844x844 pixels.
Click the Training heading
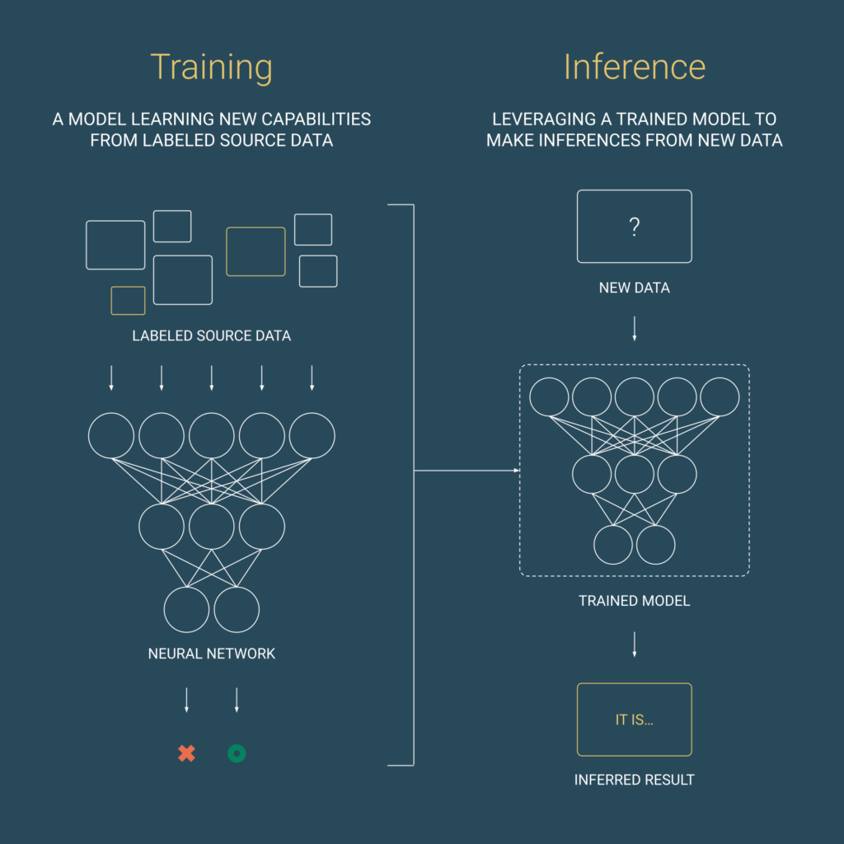click(x=211, y=68)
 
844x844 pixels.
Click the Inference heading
click(x=635, y=67)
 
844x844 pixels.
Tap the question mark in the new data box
click(x=635, y=227)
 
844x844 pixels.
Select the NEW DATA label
click(x=635, y=288)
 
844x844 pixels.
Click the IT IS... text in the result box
click(x=634, y=720)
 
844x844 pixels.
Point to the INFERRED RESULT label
click(x=635, y=780)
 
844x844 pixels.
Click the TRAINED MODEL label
click(x=635, y=601)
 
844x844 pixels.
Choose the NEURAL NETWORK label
click(x=212, y=654)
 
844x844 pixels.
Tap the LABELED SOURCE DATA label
click(x=212, y=336)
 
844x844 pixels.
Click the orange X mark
click(x=187, y=753)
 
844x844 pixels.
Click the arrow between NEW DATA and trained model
click(x=635, y=328)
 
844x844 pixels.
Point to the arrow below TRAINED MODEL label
click(x=635, y=645)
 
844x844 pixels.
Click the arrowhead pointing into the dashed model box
click(x=517, y=471)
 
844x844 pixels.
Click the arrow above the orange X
click(x=187, y=700)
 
